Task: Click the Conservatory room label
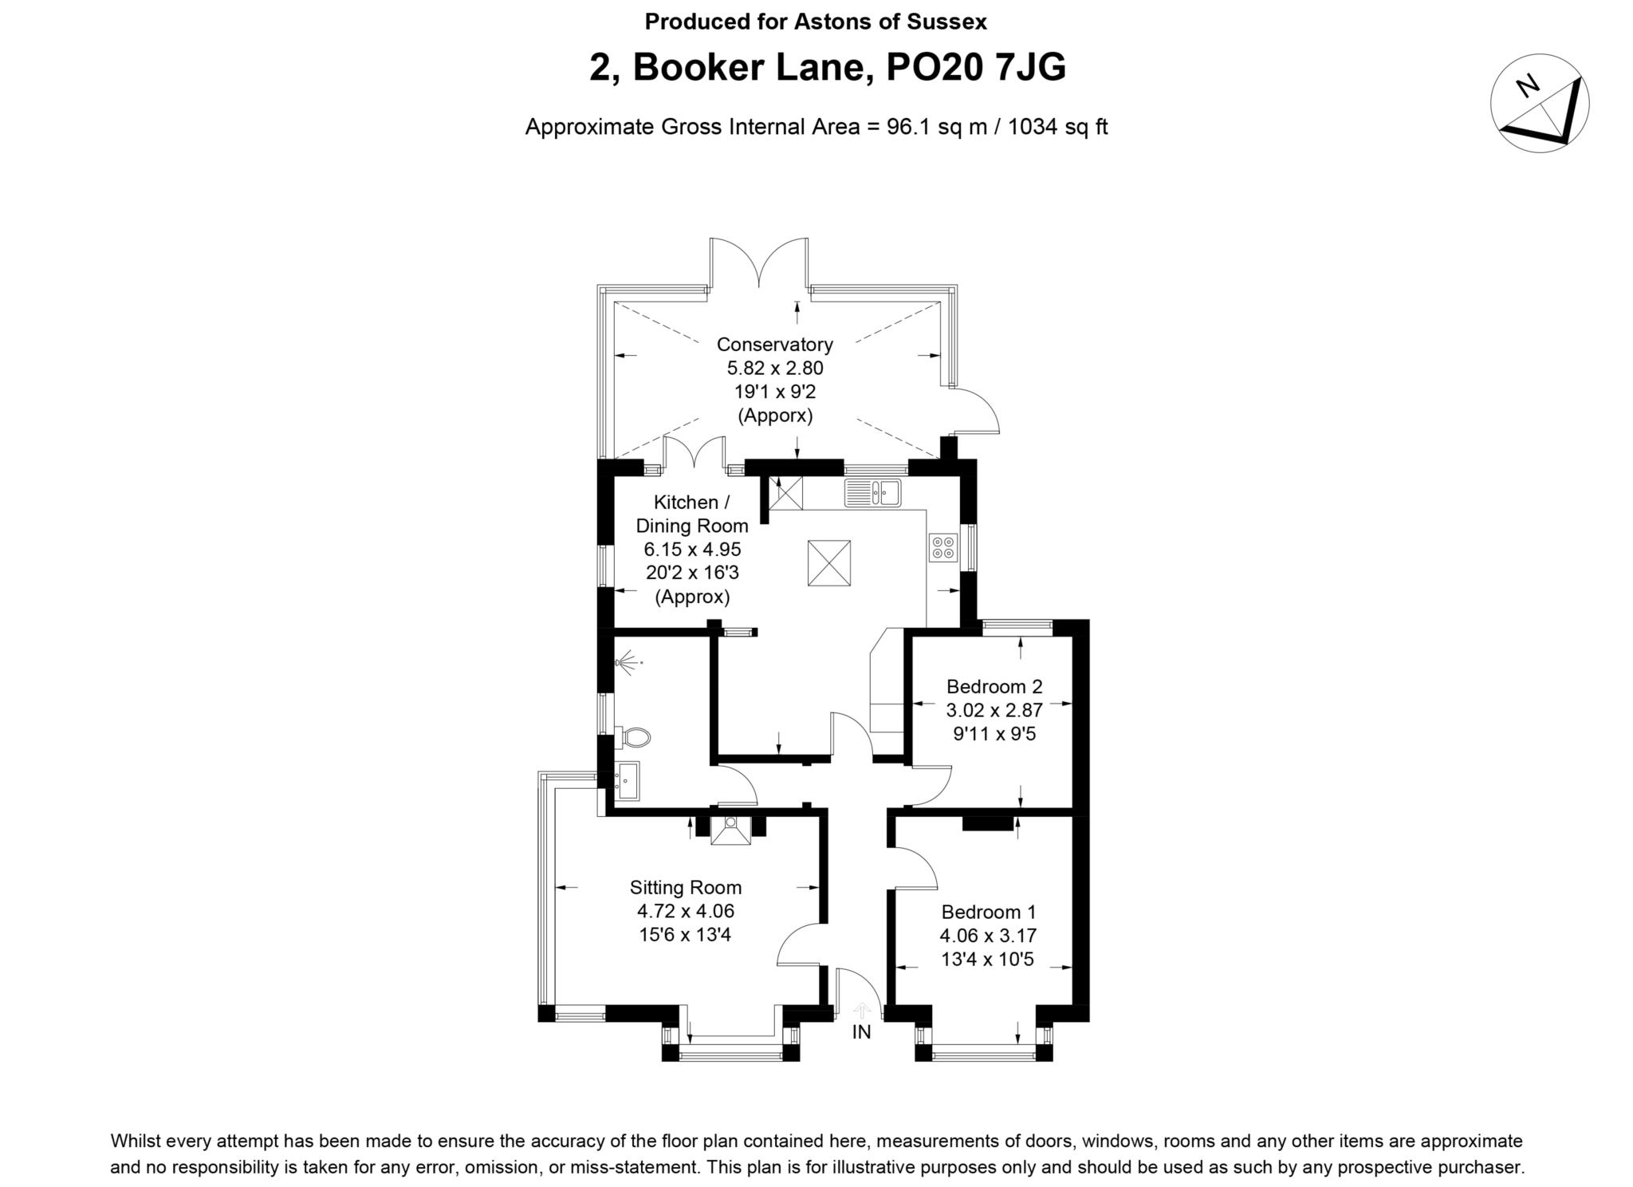tap(774, 345)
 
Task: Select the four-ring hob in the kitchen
tap(942, 547)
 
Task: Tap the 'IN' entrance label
tap(861, 1032)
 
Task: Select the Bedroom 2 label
tap(994, 687)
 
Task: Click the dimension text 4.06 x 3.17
tap(988, 936)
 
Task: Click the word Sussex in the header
tap(946, 22)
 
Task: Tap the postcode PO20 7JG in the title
tap(976, 68)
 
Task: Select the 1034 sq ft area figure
tap(1057, 127)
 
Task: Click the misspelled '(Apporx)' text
tap(774, 416)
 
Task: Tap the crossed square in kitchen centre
tap(828, 563)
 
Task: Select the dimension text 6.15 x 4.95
tap(692, 550)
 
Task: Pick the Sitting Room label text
tap(685, 888)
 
